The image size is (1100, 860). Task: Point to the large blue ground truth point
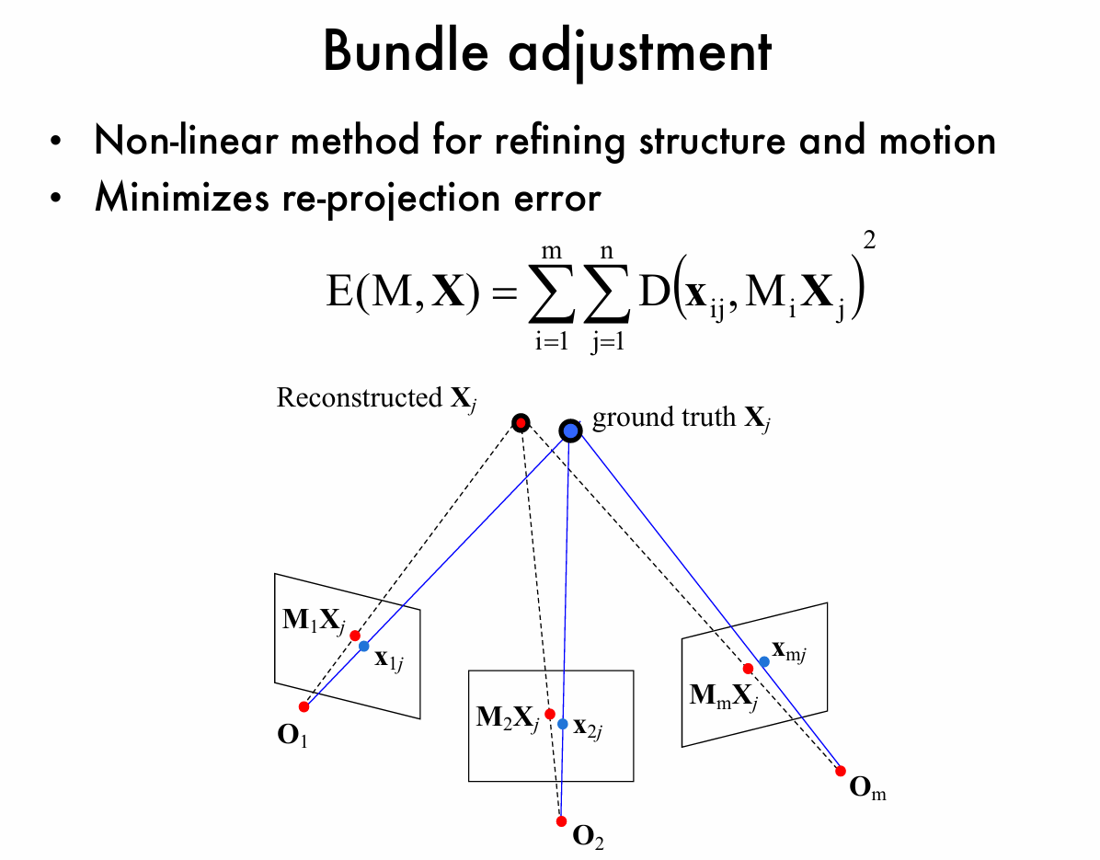click(x=570, y=430)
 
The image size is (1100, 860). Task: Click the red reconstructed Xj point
click(x=521, y=422)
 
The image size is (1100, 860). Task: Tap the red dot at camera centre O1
click(x=304, y=706)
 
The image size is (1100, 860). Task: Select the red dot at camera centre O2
click(x=561, y=820)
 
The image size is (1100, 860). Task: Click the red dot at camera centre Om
click(x=840, y=771)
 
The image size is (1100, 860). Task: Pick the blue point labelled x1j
click(x=363, y=646)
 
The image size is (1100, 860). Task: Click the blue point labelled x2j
click(x=563, y=724)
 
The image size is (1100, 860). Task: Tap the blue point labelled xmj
click(x=763, y=661)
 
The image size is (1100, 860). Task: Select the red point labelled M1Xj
click(x=354, y=636)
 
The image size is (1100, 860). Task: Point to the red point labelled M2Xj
click(x=549, y=714)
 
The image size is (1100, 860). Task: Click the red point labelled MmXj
click(x=748, y=669)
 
